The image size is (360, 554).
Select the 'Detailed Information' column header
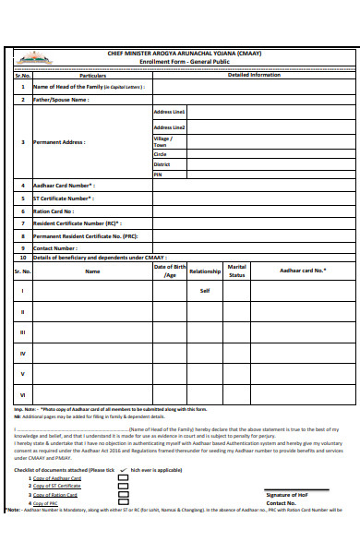pyautogui.click(x=254, y=75)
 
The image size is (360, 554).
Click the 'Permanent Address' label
pyautogui.click(x=59, y=142)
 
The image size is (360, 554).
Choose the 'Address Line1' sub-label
pyautogui.click(x=169, y=112)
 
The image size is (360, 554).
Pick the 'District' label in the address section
pyautogui.click(x=162, y=164)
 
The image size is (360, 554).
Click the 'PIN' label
pyautogui.click(x=158, y=174)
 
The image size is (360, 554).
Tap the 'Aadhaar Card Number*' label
pyautogui.click(x=64, y=186)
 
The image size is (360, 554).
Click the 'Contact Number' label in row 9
pyautogui.click(x=55, y=248)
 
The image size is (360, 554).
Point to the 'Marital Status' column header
pyautogui.click(x=237, y=271)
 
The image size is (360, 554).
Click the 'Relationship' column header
pyautogui.click(x=205, y=271)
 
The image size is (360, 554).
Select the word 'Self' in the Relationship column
pyautogui.click(x=205, y=291)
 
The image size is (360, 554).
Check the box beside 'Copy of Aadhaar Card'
pyautogui.click(x=124, y=479)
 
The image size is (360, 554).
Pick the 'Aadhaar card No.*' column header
pyautogui.click(x=303, y=271)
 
